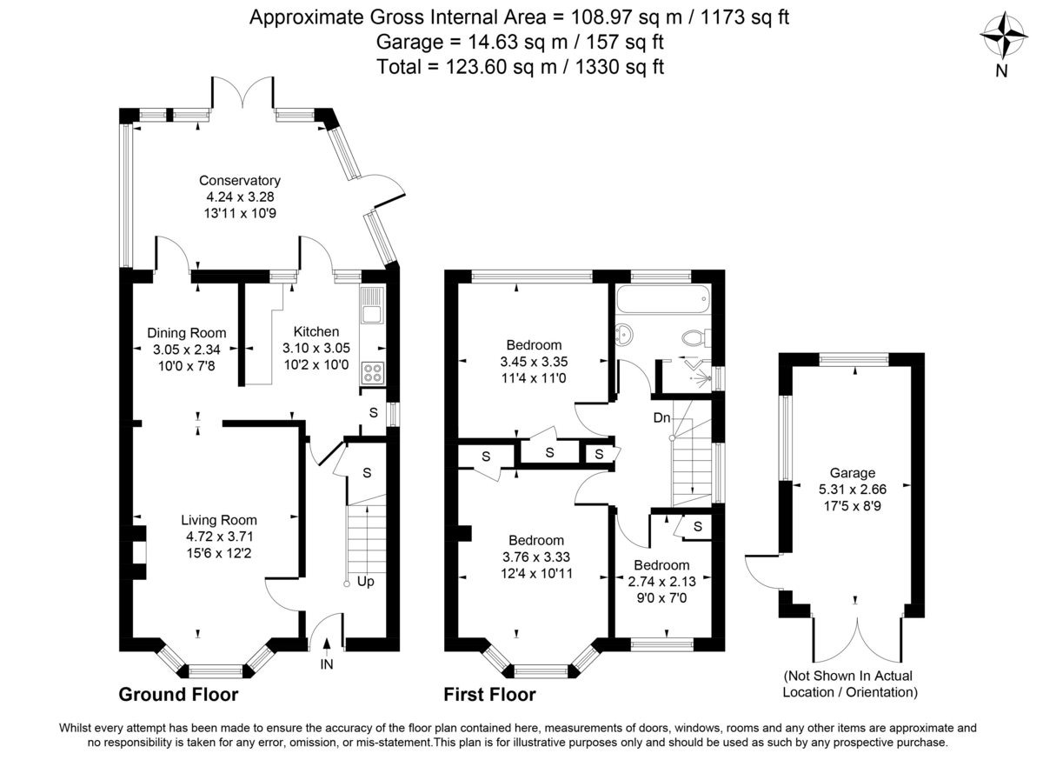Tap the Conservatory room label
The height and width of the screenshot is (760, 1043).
point(240,181)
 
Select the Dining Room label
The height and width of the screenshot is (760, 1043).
point(186,333)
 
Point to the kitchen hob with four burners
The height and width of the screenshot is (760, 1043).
point(373,372)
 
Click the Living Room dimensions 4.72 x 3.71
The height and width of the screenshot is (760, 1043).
point(217,536)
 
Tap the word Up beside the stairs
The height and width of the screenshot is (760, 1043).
point(366,581)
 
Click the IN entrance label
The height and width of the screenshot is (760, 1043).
point(327,665)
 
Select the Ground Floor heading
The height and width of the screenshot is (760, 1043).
point(178,695)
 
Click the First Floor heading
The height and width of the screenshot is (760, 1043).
point(489,695)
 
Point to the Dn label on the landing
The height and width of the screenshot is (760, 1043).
point(661,418)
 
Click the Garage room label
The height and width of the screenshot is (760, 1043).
point(852,473)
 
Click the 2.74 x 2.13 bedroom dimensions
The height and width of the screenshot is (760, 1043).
point(661,582)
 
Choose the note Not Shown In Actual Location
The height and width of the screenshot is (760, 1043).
point(850,684)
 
